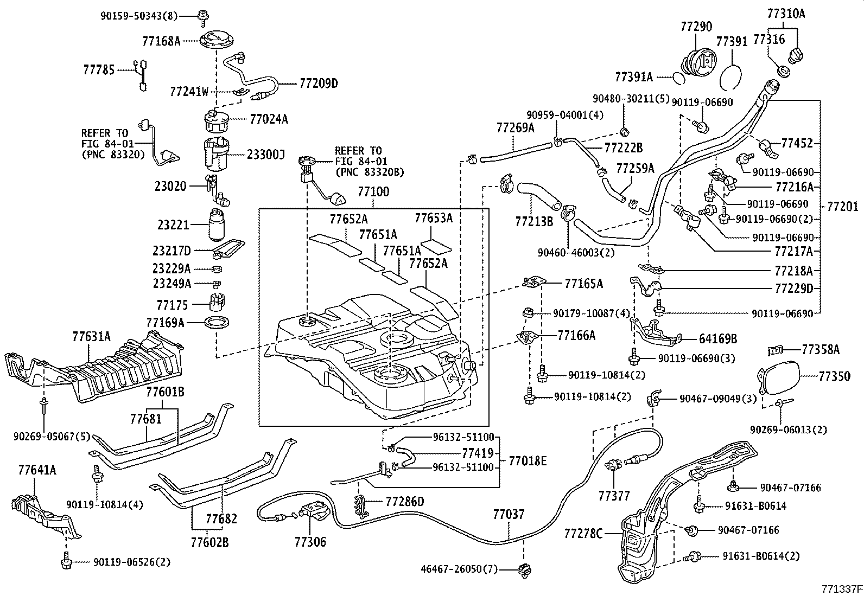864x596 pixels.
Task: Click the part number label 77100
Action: coord(373,191)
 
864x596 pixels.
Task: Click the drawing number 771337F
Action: coord(842,588)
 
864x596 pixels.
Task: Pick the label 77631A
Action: coord(91,337)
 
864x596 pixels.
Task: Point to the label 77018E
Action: coord(528,460)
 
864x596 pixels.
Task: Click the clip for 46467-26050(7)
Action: coord(524,569)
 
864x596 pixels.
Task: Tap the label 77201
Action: coord(843,207)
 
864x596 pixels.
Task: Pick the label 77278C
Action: coord(583,534)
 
